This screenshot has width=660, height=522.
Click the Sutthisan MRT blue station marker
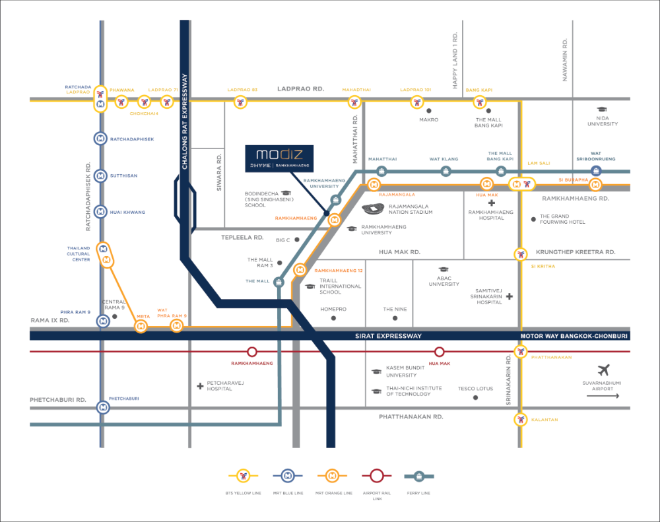point(100,176)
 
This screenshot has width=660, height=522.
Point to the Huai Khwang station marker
point(100,212)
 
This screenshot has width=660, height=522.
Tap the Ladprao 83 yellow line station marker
point(240,102)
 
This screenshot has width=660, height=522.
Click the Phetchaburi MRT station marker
point(103,407)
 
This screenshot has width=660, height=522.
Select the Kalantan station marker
point(521,420)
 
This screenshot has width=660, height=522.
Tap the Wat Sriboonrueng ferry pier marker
point(596,171)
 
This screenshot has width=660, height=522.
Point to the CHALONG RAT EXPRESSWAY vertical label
point(185,122)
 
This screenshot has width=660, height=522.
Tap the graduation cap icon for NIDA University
point(602,110)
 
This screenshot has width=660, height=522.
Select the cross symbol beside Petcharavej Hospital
point(200,385)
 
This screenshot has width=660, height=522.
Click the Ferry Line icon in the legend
point(418,475)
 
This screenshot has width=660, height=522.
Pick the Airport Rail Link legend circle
point(376,475)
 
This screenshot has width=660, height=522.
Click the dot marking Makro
point(429,110)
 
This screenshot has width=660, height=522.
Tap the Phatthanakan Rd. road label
point(411,417)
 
